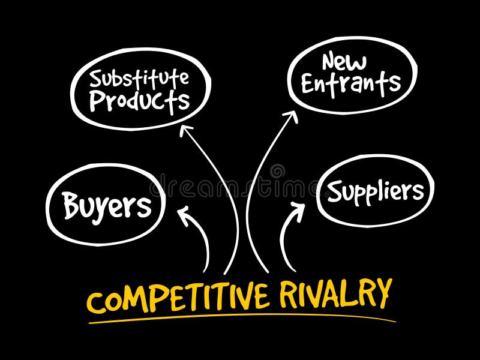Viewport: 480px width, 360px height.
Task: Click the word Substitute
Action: point(139,78)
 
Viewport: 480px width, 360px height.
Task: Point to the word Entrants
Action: point(351,83)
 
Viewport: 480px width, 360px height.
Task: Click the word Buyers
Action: point(107,206)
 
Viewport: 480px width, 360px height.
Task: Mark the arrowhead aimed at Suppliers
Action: point(299,208)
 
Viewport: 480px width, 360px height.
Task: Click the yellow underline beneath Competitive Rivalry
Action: point(240,319)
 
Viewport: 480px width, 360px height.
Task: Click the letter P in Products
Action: point(97,100)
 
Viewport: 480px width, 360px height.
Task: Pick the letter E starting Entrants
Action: point(308,83)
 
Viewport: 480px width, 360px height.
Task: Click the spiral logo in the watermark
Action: point(277,172)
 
